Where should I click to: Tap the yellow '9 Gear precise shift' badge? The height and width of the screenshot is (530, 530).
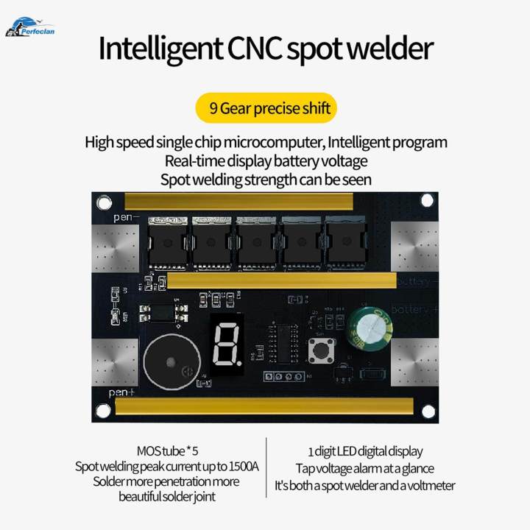(x=265, y=108)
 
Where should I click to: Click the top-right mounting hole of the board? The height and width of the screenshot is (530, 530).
(x=426, y=200)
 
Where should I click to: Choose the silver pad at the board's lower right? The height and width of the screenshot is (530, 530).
(x=414, y=362)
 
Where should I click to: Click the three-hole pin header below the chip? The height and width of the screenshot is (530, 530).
(x=285, y=376)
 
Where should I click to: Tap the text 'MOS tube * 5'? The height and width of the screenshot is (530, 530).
(x=168, y=451)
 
